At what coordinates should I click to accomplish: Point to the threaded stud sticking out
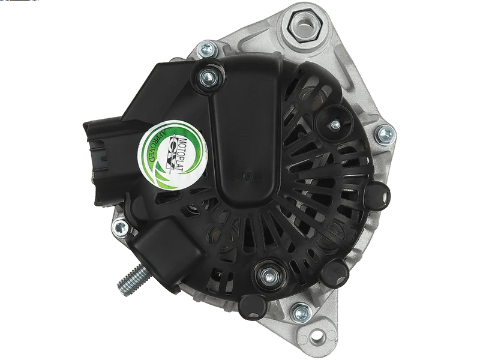(x=133, y=279)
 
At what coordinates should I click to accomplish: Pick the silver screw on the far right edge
(x=385, y=134)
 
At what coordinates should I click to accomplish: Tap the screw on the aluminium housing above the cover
(x=206, y=49)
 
